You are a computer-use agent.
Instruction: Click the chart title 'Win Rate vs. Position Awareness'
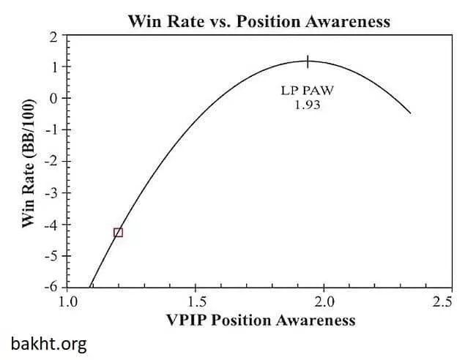tap(259, 20)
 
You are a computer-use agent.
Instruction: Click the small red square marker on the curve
tap(118, 232)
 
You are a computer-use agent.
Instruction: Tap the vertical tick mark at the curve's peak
tap(308, 61)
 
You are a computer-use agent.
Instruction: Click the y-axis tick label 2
tap(53, 35)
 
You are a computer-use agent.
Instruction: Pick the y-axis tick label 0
tap(53, 98)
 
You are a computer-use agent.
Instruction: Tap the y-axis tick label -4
tap(51, 225)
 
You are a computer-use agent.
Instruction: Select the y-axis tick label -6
tap(51, 288)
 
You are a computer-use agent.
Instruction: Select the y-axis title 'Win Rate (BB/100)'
tap(28, 162)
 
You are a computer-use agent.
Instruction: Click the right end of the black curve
tap(410, 113)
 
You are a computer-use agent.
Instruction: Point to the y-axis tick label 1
tap(53, 67)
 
